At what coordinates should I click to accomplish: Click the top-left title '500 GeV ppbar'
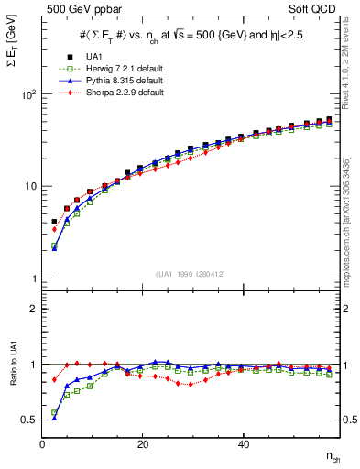[x=74, y=9]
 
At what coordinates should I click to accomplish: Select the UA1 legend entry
[x=115, y=56]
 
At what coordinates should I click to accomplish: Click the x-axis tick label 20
[x=142, y=444]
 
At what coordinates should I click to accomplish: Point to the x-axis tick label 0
[x=42, y=444]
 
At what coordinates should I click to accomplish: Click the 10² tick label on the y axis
[x=29, y=94]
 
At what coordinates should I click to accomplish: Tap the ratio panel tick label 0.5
[x=29, y=420]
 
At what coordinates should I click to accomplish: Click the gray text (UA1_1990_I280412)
[x=190, y=274]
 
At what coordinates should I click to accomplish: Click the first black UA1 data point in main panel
[x=54, y=222]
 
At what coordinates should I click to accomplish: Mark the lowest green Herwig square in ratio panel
[x=54, y=413]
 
